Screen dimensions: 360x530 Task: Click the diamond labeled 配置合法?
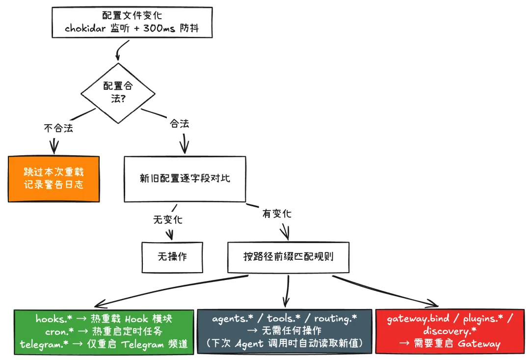click(x=118, y=93)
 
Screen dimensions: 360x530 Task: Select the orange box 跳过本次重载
click(x=53, y=179)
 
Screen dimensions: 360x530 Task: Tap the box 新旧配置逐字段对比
click(x=185, y=179)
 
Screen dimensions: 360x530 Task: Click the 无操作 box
click(x=172, y=257)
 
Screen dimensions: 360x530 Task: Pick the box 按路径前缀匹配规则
click(x=288, y=257)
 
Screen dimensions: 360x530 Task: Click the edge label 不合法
click(x=58, y=128)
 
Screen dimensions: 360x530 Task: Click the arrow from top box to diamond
click(x=119, y=50)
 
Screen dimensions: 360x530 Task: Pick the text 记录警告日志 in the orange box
click(x=53, y=185)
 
